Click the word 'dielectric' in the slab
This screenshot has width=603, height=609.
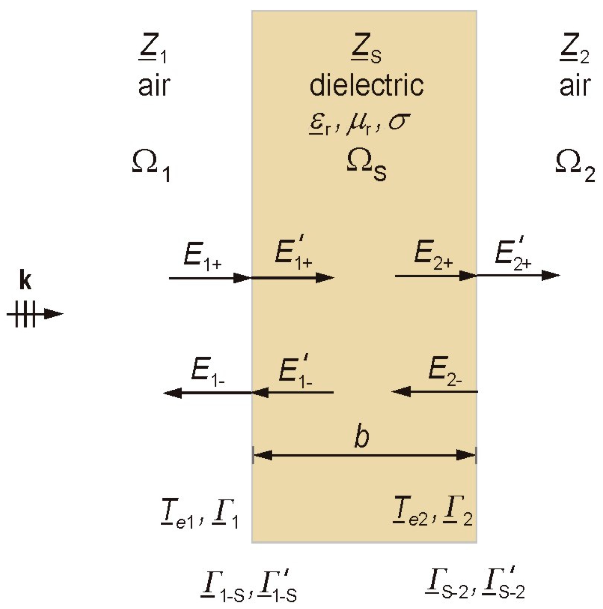point(366,85)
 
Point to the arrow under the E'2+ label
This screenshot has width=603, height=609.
point(518,275)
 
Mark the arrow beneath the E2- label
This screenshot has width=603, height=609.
point(434,391)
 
